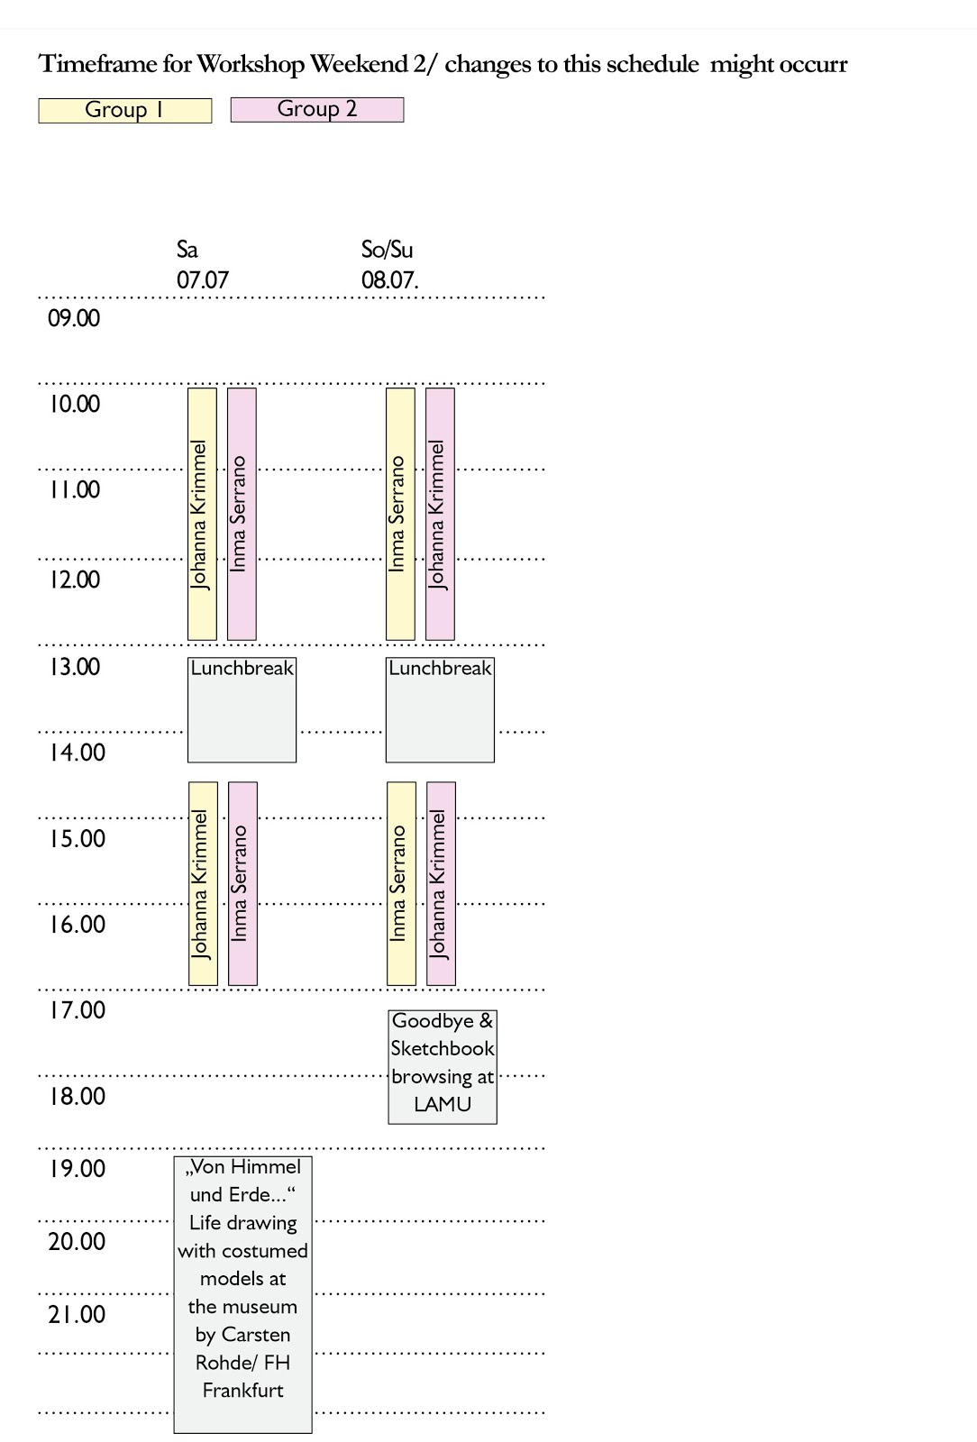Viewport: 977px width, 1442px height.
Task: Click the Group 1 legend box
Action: coord(124,110)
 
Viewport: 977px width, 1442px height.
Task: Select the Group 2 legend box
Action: coord(317,109)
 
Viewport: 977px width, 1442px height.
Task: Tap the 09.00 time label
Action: coord(74,318)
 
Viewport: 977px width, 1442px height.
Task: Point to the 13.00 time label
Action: coord(74,667)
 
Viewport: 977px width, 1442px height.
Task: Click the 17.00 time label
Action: coord(77,1010)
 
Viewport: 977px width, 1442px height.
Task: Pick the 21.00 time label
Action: coord(77,1315)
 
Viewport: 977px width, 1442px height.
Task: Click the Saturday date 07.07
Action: coord(203,280)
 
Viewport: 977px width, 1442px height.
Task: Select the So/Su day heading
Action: coord(387,250)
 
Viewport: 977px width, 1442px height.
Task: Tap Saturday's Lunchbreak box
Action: coord(242,710)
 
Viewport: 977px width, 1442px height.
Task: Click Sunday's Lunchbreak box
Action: coord(440,710)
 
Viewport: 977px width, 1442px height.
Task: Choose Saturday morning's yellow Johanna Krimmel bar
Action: coord(202,514)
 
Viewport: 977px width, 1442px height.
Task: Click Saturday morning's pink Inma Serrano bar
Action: coord(242,514)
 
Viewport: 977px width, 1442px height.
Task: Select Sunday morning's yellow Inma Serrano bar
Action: coord(400,514)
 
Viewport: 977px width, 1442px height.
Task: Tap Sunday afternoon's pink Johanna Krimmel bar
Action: coord(441,883)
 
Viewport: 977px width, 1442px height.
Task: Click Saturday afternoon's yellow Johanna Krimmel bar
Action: coord(203,883)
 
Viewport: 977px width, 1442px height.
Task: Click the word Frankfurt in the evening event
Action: coord(242,1391)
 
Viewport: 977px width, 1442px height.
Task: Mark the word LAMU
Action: coord(443,1104)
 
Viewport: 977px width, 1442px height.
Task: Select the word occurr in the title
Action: coord(814,64)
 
